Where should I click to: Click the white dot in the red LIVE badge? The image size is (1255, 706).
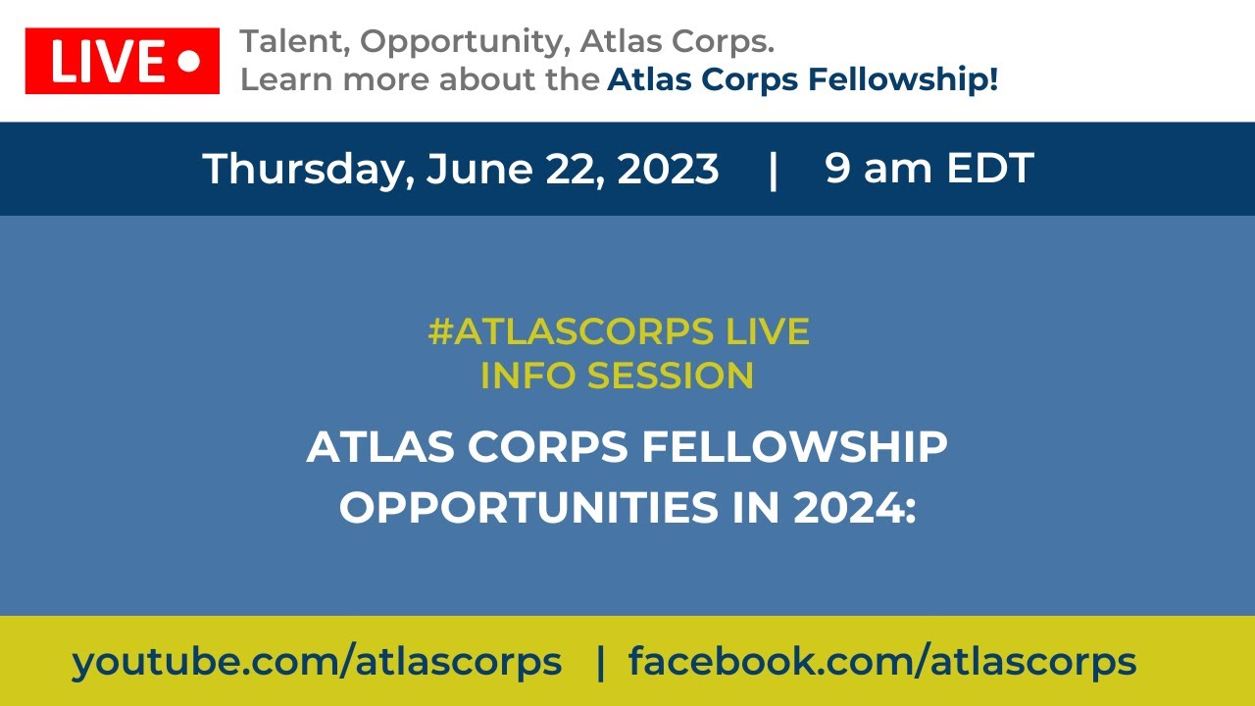point(189,62)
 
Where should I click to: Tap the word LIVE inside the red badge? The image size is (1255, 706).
point(108,62)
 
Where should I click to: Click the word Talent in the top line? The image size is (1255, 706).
point(293,42)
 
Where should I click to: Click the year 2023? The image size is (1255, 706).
point(668,169)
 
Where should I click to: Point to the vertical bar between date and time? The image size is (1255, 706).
point(774,169)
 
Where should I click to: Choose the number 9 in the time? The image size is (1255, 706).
point(838,169)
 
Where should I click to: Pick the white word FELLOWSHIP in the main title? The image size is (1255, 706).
point(794,448)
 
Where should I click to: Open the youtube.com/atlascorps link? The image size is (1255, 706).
point(317,662)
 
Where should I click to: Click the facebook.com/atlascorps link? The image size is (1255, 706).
point(882,662)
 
